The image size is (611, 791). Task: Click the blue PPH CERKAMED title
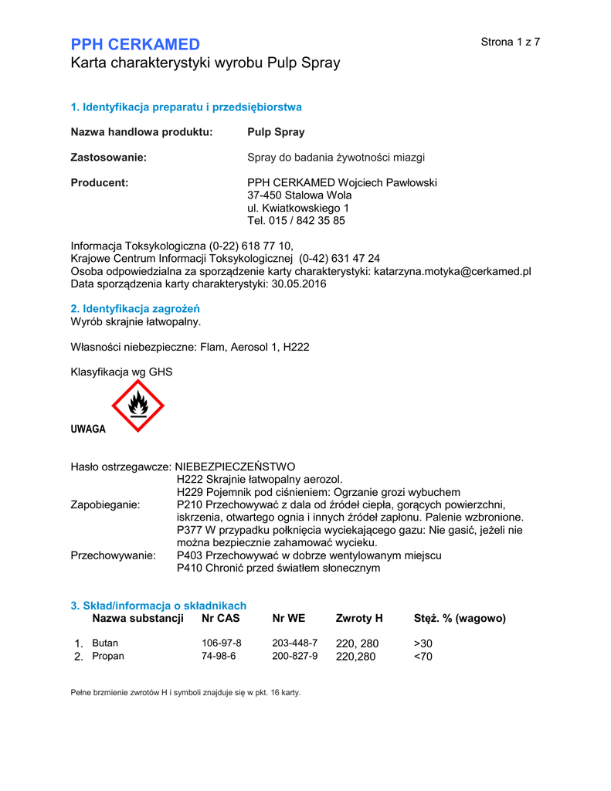point(135,44)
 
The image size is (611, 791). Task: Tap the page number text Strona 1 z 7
point(510,42)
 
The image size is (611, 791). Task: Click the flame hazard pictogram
point(138,405)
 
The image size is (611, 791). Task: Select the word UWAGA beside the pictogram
point(88,429)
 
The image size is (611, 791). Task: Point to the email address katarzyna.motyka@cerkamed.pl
point(453,271)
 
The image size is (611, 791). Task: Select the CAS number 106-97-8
point(222,643)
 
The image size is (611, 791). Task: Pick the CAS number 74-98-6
point(219,656)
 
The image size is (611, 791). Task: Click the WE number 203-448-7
point(294,643)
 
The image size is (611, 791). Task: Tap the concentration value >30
point(423,643)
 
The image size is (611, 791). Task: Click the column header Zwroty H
point(359,618)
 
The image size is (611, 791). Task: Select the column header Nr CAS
point(221,618)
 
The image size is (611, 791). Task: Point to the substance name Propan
point(108,656)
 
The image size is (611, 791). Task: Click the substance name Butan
point(105,643)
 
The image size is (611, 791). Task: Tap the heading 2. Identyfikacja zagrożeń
point(135,308)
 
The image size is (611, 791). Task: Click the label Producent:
point(100,182)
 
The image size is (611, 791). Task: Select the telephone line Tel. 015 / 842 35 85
point(296,220)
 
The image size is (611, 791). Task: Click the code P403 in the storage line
point(190,555)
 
